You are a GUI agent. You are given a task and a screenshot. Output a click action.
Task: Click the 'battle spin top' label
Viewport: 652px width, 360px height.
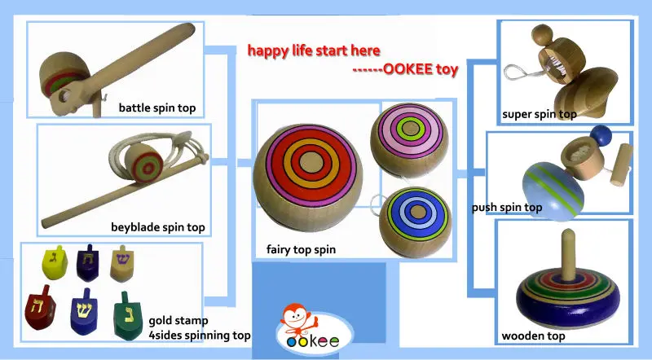coord(156,108)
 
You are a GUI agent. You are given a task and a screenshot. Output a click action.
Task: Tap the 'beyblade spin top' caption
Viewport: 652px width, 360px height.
coord(158,226)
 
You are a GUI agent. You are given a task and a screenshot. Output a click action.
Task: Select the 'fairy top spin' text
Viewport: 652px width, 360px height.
coord(302,248)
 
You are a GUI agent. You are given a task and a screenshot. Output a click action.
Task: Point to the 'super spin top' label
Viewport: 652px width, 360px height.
coord(540,114)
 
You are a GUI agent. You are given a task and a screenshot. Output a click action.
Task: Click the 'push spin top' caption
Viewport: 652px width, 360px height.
coord(506,207)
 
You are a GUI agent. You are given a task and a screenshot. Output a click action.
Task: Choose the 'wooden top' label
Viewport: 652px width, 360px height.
coord(534,335)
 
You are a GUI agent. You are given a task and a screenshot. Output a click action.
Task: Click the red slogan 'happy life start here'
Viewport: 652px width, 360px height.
coord(314,50)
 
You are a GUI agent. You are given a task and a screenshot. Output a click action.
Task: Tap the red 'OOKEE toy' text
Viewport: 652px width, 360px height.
coord(407,70)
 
